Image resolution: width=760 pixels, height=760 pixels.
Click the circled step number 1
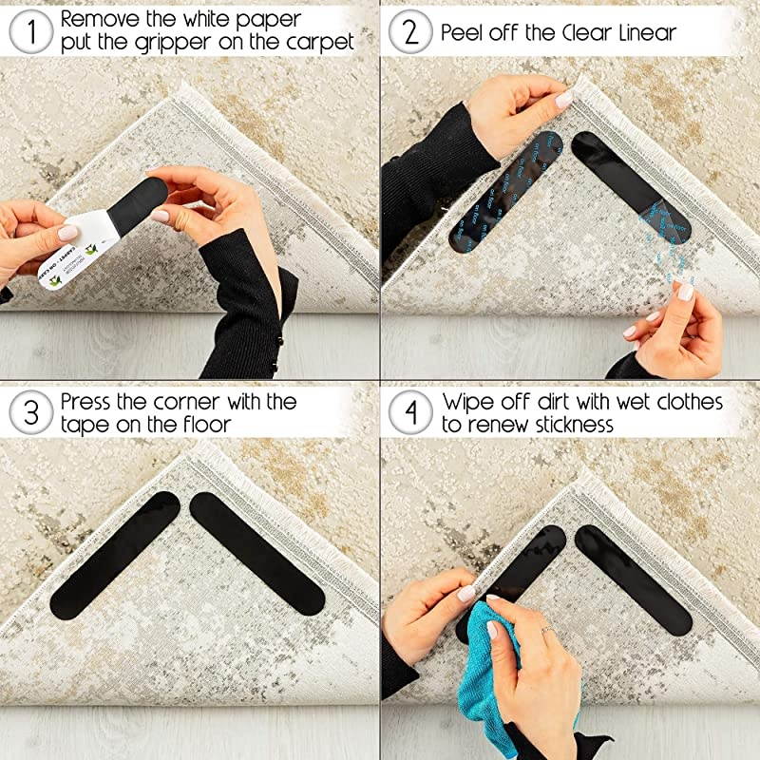pos(30,31)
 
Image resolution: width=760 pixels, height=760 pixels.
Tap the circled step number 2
pos(410,31)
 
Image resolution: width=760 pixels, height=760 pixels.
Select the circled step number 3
pos(30,413)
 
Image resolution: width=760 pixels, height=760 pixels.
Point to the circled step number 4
pos(410,413)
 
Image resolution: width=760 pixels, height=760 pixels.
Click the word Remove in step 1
pos(104,18)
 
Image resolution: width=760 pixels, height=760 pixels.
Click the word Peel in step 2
pos(463,31)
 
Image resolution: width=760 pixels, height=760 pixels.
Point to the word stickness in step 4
pos(562,425)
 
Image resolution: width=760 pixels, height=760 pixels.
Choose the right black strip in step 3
pos(256,551)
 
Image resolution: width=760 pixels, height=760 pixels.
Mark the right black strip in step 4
pos(633,579)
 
